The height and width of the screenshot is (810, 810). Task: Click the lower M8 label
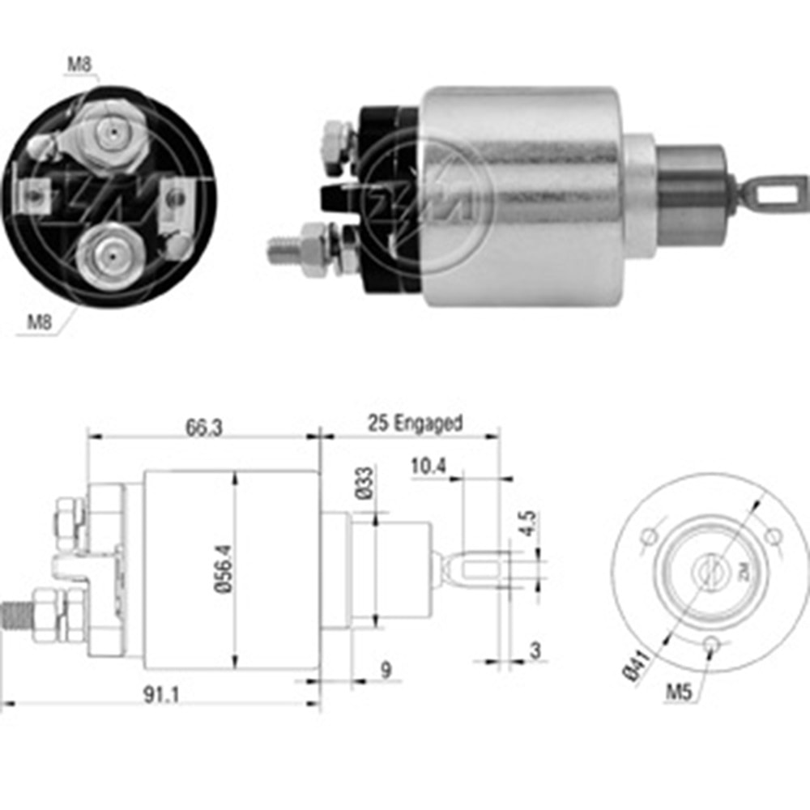(40, 321)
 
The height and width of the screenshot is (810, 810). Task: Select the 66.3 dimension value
(203, 428)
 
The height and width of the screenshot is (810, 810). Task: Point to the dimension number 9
(386, 670)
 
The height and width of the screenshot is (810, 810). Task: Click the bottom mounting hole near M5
(711, 644)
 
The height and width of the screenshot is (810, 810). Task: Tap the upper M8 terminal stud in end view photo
(113, 131)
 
